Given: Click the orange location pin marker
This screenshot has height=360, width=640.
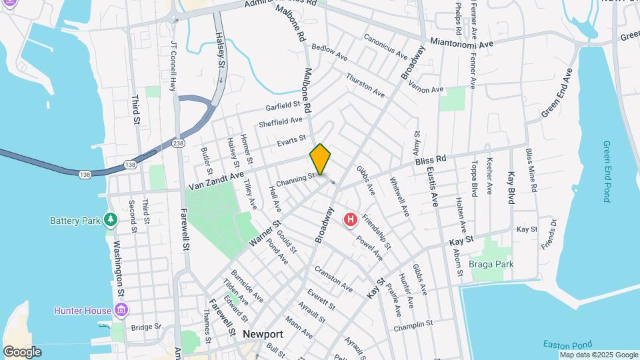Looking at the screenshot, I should coord(320,159).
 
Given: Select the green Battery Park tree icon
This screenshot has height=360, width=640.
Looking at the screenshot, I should coord(111,220).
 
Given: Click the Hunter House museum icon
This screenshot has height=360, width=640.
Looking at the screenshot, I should coord(121,310).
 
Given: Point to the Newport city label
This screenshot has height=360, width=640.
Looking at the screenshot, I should coord(263,334).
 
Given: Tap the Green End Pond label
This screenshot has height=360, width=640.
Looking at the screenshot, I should coord(607,171).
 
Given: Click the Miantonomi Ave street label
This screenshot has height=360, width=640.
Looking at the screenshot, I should coord(461,42).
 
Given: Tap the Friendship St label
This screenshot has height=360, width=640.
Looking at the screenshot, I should coord(377,231).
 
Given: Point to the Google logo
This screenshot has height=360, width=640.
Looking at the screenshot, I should coord(22,352).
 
